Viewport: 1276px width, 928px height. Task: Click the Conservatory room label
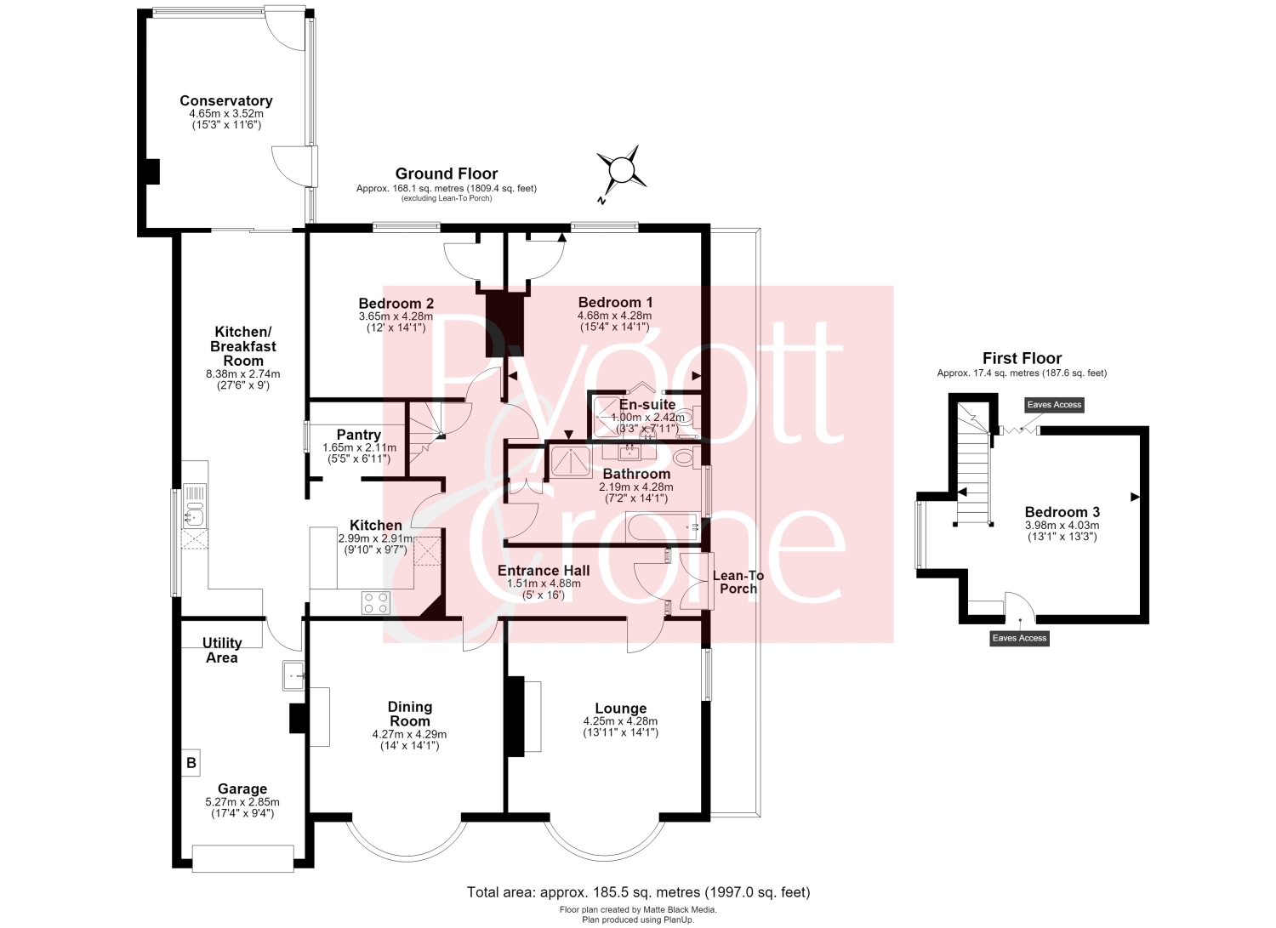click(226, 101)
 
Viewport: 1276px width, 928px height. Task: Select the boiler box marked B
click(191, 763)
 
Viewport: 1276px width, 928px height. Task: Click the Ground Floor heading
click(446, 174)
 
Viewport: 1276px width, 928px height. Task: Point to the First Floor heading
click(1022, 358)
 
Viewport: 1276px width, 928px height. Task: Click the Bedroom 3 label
click(1062, 511)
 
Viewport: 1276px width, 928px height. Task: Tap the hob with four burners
click(376, 603)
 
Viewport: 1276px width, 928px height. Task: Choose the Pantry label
click(358, 435)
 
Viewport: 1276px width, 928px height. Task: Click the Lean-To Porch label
click(738, 582)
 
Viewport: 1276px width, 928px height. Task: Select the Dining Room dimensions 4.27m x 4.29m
click(409, 734)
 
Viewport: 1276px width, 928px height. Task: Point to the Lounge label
click(620, 708)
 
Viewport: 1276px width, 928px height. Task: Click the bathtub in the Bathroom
click(663, 527)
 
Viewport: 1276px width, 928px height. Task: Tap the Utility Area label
click(222, 650)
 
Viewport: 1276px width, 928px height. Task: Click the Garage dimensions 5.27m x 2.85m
click(242, 802)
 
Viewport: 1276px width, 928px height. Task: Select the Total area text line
click(638, 892)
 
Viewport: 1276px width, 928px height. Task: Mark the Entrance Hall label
click(544, 570)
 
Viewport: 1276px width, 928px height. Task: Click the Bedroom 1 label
click(615, 302)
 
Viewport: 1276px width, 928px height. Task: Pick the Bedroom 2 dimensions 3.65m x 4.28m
click(396, 316)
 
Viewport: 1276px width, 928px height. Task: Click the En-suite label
click(647, 405)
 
